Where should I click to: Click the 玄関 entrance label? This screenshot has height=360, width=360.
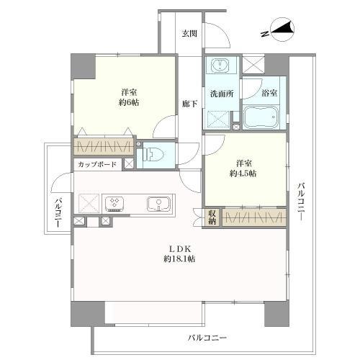(x=189, y=33)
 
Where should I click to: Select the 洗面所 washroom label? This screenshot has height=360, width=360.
(x=220, y=94)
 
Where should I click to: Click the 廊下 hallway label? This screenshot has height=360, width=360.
(x=189, y=103)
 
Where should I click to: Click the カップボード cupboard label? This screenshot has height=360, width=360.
(x=96, y=164)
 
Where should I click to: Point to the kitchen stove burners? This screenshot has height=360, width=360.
(x=114, y=202)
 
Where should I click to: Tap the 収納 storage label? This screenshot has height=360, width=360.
(x=212, y=217)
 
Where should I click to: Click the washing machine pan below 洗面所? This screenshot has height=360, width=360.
(x=217, y=118)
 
